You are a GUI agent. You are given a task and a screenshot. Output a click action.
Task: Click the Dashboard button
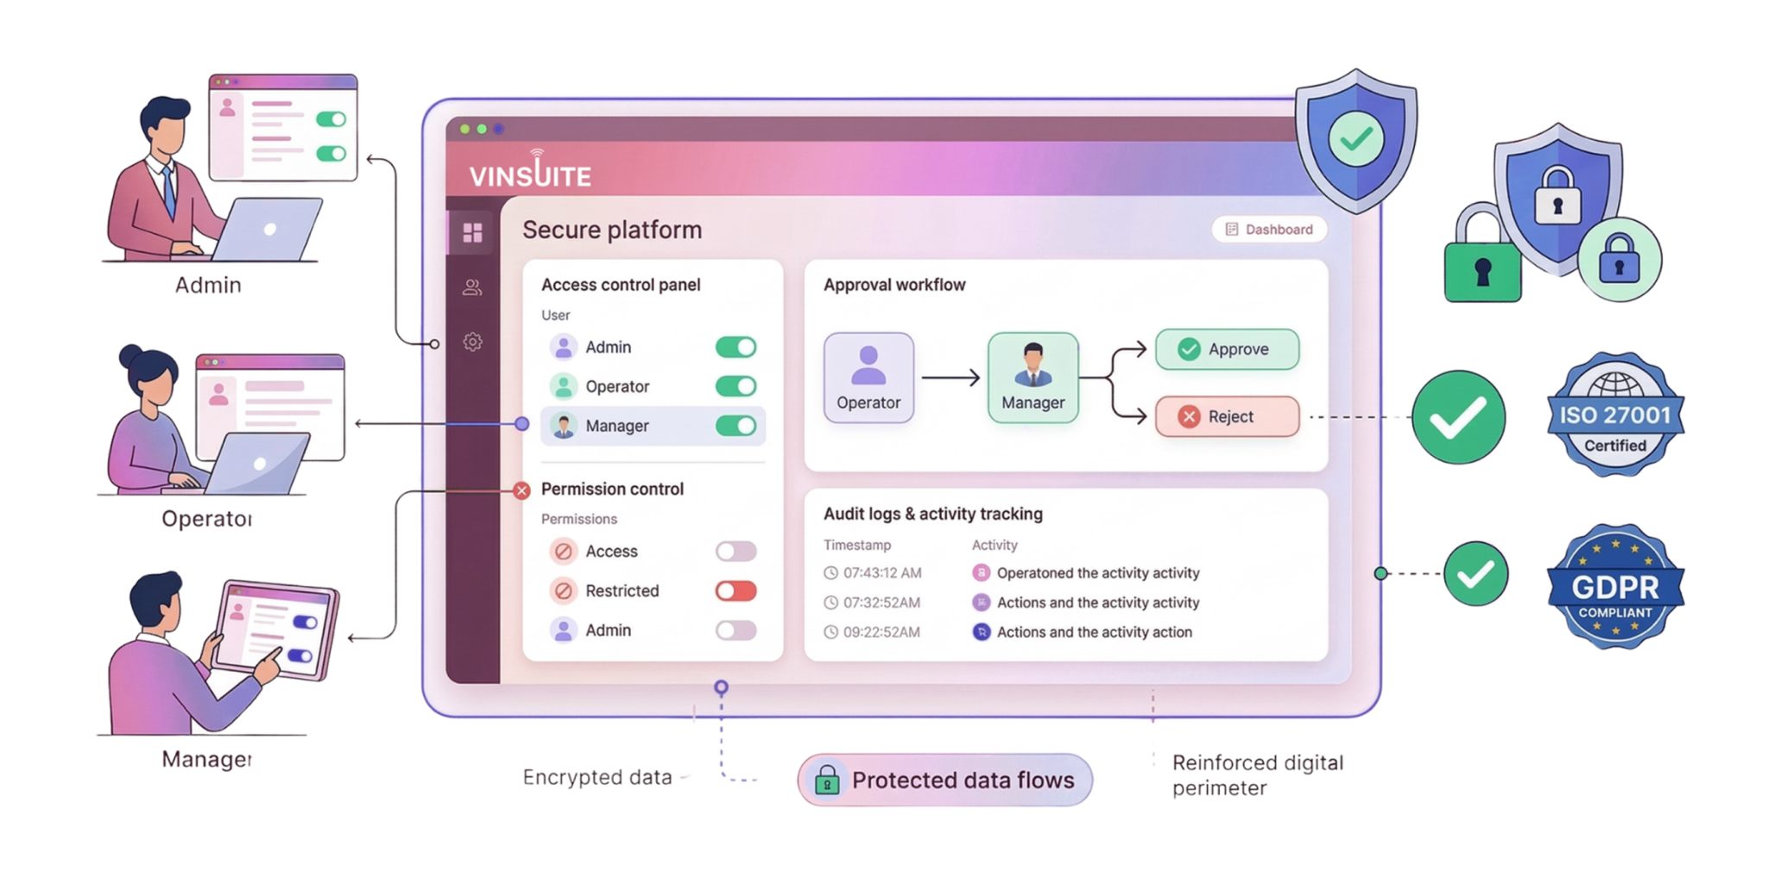click(1269, 230)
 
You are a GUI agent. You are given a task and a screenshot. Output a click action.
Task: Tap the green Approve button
click(1227, 350)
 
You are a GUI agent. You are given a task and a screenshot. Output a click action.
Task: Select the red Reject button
click(1227, 417)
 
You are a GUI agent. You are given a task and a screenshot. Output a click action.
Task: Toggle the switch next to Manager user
click(736, 426)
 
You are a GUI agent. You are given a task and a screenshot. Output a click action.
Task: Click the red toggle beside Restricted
click(736, 591)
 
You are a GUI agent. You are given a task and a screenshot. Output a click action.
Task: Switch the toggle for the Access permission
click(736, 552)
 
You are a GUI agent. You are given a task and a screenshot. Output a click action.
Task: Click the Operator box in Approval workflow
click(868, 378)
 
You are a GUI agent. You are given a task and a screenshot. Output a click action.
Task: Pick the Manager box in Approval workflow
click(1032, 378)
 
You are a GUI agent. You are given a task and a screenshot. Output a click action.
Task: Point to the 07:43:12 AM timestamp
click(881, 573)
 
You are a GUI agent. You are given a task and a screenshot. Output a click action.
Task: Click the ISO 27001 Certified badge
click(1614, 414)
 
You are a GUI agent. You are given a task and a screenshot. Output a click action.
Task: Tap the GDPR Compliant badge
click(1614, 587)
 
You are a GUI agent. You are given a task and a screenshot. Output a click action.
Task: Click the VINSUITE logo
click(530, 174)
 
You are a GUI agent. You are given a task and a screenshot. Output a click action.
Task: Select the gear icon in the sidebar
click(472, 342)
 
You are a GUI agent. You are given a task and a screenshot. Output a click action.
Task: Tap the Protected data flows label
click(945, 780)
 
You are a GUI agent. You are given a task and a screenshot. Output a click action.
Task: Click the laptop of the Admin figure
click(268, 230)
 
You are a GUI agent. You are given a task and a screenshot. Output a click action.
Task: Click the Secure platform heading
click(612, 231)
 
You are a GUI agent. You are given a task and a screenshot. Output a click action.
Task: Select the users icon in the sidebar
click(472, 288)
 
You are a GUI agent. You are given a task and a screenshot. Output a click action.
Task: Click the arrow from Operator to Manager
click(950, 378)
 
